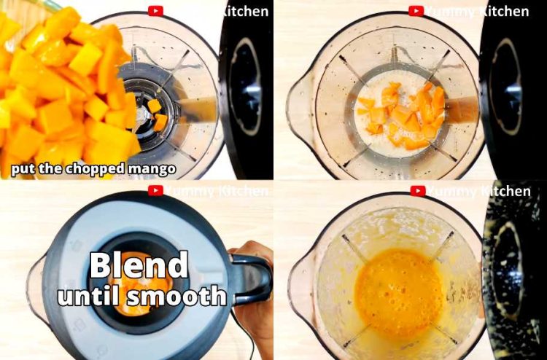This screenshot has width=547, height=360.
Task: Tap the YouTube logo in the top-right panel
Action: click(x=416, y=11)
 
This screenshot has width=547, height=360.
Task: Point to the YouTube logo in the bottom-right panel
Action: click(x=416, y=191)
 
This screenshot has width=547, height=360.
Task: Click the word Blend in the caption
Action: click(x=139, y=265)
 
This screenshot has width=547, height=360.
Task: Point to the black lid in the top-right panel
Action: click(x=514, y=87)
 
